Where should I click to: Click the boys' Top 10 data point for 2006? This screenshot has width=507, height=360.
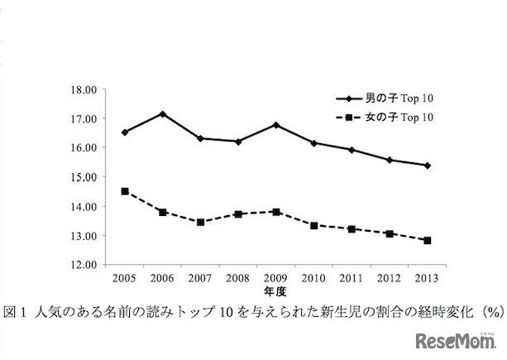coord(163,113)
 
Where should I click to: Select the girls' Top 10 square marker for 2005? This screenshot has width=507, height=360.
coord(125,191)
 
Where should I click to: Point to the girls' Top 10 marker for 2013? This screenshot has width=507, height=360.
coord(427,240)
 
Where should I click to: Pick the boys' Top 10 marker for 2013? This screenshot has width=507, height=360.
coord(427,166)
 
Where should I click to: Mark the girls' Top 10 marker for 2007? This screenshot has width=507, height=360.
coord(200,222)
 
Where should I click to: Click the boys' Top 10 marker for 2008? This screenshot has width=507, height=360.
coord(238,142)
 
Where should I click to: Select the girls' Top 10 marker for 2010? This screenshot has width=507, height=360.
coord(313,225)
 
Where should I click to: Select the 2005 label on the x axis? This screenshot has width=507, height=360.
coord(125,279)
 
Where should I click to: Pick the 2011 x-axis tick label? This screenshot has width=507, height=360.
coord(352,279)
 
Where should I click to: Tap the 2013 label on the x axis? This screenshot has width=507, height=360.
coord(427,279)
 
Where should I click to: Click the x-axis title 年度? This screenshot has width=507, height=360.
coord(275,292)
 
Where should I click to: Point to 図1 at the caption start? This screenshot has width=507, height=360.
coord(16,311)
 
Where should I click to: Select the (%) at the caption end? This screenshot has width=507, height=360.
coord(493,311)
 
